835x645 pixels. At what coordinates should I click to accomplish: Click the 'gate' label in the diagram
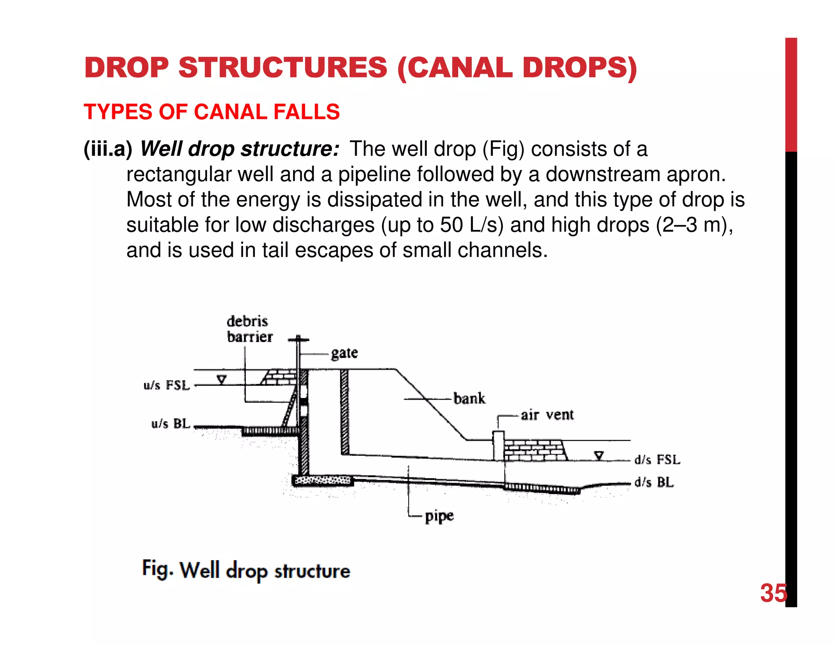pos(344,353)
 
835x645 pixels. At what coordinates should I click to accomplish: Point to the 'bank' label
pos(469,398)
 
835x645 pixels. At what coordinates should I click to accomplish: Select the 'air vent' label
pos(547,415)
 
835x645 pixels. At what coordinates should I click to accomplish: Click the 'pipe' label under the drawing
pos(439,516)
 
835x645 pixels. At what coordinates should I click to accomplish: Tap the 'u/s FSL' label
pos(166,385)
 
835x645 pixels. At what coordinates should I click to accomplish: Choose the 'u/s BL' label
pos(170,424)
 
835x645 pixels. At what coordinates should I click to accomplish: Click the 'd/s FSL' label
pos(657,460)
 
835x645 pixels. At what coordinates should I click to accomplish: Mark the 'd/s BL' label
pos(654,482)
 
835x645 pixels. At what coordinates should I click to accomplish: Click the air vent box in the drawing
pos(499,445)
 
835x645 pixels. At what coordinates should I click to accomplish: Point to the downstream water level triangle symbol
pos(599,455)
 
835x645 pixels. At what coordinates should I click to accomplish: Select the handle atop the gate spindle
pos(298,339)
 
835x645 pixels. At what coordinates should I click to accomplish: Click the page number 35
pos(773,593)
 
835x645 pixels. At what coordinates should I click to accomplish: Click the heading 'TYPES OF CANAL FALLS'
pos(212,112)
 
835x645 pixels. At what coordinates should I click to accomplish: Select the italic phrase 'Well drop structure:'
pos(239,149)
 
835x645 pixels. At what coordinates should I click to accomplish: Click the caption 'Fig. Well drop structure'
pos(246,570)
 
